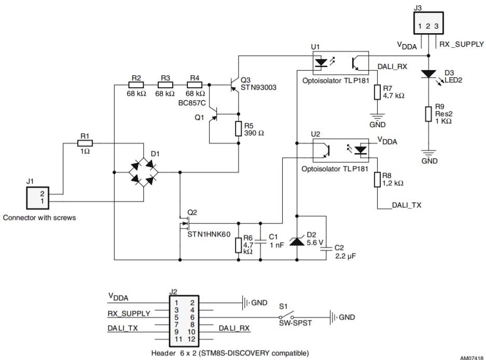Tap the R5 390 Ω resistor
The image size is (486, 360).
pyautogui.click(x=238, y=129)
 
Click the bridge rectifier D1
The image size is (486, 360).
pyautogui.click(x=144, y=171)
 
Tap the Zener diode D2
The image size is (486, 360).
pyautogui.click(x=297, y=240)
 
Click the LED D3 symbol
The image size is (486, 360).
pyautogui.click(x=428, y=74)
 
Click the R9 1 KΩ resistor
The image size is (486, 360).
pyautogui.click(x=428, y=114)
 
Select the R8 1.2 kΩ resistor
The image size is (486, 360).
pyautogui.click(x=377, y=179)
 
